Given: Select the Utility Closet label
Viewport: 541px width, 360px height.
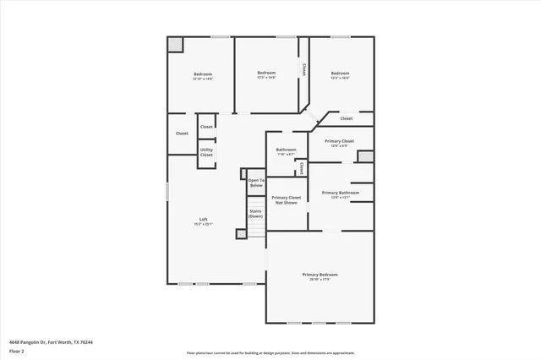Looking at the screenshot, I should point(206,153).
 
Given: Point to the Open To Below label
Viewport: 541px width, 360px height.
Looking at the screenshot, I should point(256,182).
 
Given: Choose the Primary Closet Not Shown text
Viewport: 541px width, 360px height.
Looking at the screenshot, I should point(286,199).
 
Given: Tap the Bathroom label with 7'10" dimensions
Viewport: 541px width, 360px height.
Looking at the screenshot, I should point(286,151).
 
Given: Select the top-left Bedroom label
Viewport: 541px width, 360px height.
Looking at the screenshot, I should point(201,75).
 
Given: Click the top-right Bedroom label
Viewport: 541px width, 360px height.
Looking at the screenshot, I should point(340,74).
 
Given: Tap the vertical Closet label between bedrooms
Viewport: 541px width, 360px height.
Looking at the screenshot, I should point(304,68).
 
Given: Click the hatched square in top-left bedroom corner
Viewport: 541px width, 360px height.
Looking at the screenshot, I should point(175,44).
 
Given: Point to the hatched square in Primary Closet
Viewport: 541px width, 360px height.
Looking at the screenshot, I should point(365,156).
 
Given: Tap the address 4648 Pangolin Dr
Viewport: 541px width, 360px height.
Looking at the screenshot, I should point(46,341).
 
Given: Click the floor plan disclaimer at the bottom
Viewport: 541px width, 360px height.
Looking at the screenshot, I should point(270,353).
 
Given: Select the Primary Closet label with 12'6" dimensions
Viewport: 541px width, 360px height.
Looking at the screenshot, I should point(338,143).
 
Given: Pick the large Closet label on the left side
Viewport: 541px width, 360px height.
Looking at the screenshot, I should point(182,134).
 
